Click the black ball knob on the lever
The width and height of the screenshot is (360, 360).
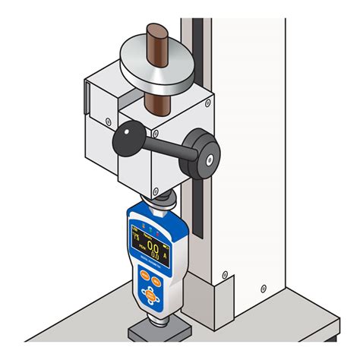123,141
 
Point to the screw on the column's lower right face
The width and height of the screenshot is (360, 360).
262,287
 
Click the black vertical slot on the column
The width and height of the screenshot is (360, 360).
198,129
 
